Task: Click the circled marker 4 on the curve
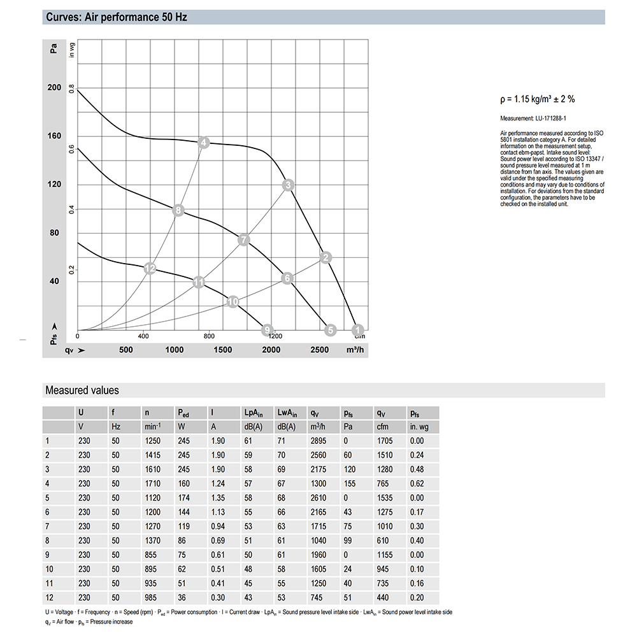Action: pos(203,143)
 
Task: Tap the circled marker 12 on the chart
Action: pos(150,269)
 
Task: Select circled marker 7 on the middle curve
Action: pos(243,240)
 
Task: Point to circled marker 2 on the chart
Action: pos(326,257)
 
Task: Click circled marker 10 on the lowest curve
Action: pos(233,301)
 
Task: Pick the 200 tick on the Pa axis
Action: pos(54,88)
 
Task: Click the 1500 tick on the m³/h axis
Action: pos(222,350)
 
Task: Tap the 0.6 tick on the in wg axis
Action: pos(72,149)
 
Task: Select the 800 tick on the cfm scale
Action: pos(209,336)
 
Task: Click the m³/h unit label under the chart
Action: pos(355,350)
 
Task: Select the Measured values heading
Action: pos(82,390)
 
